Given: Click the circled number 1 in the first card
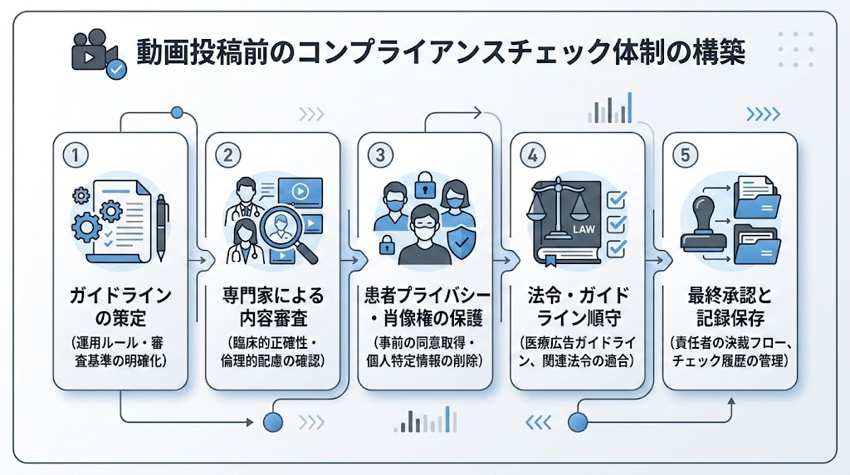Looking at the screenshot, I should [76, 154].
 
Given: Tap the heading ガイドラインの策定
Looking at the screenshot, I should [120, 306].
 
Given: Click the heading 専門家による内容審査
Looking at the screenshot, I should [273, 306].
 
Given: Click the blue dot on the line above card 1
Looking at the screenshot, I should [176, 112].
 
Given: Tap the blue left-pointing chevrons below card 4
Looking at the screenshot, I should [540, 423].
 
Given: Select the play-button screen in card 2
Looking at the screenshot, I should [300, 192].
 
